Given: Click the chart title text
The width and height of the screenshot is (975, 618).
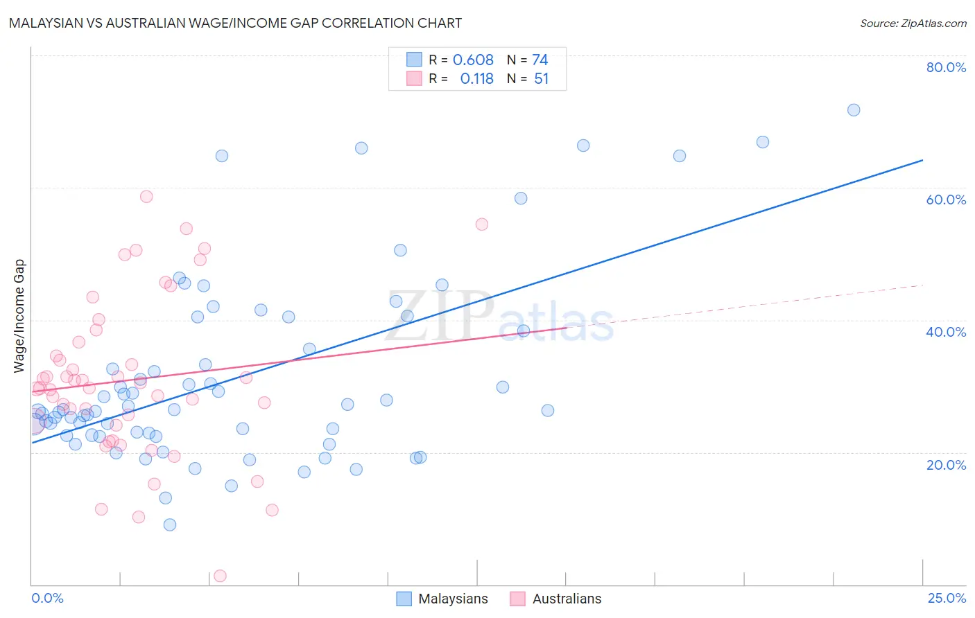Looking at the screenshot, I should coord(235,23).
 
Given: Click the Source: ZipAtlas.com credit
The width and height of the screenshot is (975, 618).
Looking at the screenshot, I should coord(913,23).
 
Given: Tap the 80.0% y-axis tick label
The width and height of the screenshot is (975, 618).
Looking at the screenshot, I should coord(946,67).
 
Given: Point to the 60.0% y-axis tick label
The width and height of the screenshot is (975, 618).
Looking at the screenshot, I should coord(946,200).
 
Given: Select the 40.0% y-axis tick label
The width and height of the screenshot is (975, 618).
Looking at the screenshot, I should coord(946,332).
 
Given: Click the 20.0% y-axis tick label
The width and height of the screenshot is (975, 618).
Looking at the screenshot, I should coord(946,465).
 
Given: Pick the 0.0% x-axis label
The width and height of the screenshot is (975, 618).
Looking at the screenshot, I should coord(47,598).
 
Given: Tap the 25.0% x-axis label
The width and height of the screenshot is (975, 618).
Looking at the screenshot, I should coord(947,598).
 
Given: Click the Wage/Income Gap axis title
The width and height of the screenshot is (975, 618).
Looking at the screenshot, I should coord(19,316).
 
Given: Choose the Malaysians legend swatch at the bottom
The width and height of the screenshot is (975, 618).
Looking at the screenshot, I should coord(404,599).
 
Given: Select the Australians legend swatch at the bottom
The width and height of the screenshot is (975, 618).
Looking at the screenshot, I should coord(517,599).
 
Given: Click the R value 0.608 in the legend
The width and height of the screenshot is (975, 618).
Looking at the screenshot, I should coord(473,60).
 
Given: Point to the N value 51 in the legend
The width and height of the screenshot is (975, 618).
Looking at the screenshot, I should coord(541,79).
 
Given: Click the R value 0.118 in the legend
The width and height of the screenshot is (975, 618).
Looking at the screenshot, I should coord(476,79).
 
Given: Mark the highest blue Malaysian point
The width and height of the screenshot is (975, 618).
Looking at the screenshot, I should coord(854,110).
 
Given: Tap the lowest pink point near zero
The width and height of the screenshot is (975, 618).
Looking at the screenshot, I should coord(220,576).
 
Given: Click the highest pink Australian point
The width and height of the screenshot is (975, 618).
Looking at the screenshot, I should coord(146,197).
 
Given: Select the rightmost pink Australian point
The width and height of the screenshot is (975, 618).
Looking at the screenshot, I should coord(482,224).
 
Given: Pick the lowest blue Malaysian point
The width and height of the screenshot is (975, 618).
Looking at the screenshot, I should coord(170,524).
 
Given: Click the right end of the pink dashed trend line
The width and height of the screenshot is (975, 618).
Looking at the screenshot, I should coord(922,285).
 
